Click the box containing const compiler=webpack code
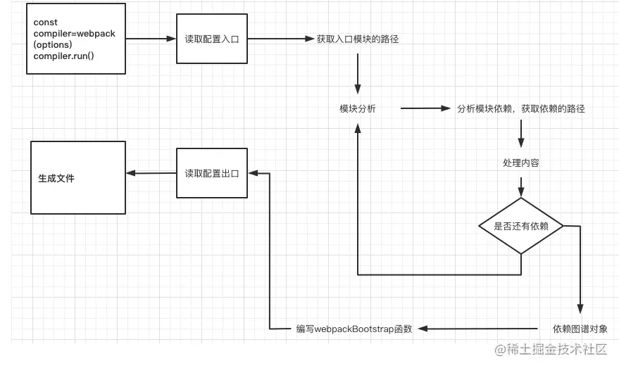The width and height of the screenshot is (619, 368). [75, 39]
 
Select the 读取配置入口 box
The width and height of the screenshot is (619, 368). [211, 39]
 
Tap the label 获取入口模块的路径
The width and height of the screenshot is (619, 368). [358, 39]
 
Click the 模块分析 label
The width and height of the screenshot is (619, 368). [358, 109]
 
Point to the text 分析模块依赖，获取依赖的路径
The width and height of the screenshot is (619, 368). [520, 109]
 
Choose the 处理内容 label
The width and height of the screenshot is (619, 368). [521, 163]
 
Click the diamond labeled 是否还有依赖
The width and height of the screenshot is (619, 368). [521, 226]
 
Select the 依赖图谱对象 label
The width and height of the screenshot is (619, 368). [580, 329]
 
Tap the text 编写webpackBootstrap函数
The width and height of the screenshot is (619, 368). [354, 329]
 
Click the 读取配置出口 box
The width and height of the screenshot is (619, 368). [211, 173]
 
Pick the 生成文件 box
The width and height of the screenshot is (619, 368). [78, 178]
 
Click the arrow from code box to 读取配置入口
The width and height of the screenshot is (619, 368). [150, 39]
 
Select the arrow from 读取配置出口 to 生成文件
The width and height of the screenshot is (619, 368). [150, 173]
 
